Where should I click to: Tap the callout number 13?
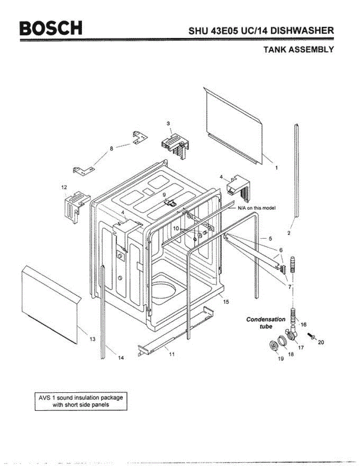(x=92, y=339)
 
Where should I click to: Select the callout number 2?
(x=289, y=233)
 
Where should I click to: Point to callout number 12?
(x=64, y=187)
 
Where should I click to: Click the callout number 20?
(x=321, y=342)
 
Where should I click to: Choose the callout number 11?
(x=172, y=354)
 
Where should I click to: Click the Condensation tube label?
(x=266, y=323)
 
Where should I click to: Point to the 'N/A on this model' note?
(x=257, y=208)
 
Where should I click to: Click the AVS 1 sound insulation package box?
(x=81, y=401)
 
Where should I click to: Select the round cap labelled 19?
(x=274, y=345)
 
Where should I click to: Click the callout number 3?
(x=168, y=123)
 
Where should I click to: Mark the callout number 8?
(x=112, y=148)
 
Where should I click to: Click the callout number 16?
(x=304, y=324)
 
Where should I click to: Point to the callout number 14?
(x=121, y=358)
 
